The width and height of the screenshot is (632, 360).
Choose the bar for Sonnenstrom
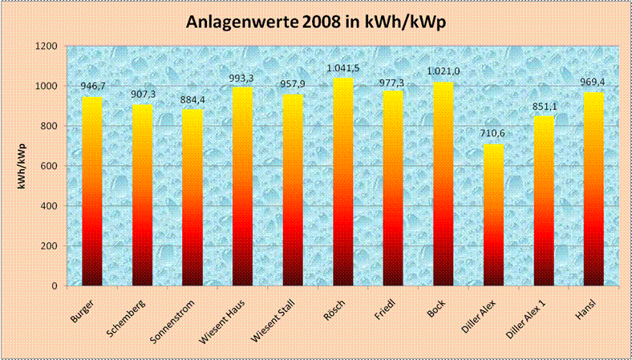(192, 197)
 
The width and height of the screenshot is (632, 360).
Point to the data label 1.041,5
(342, 69)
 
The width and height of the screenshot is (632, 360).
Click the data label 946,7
(93, 87)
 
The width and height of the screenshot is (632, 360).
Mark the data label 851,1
(544, 107)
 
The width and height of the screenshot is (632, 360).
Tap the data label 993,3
(243, 78)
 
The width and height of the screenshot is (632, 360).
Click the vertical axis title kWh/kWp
(17, 165)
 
